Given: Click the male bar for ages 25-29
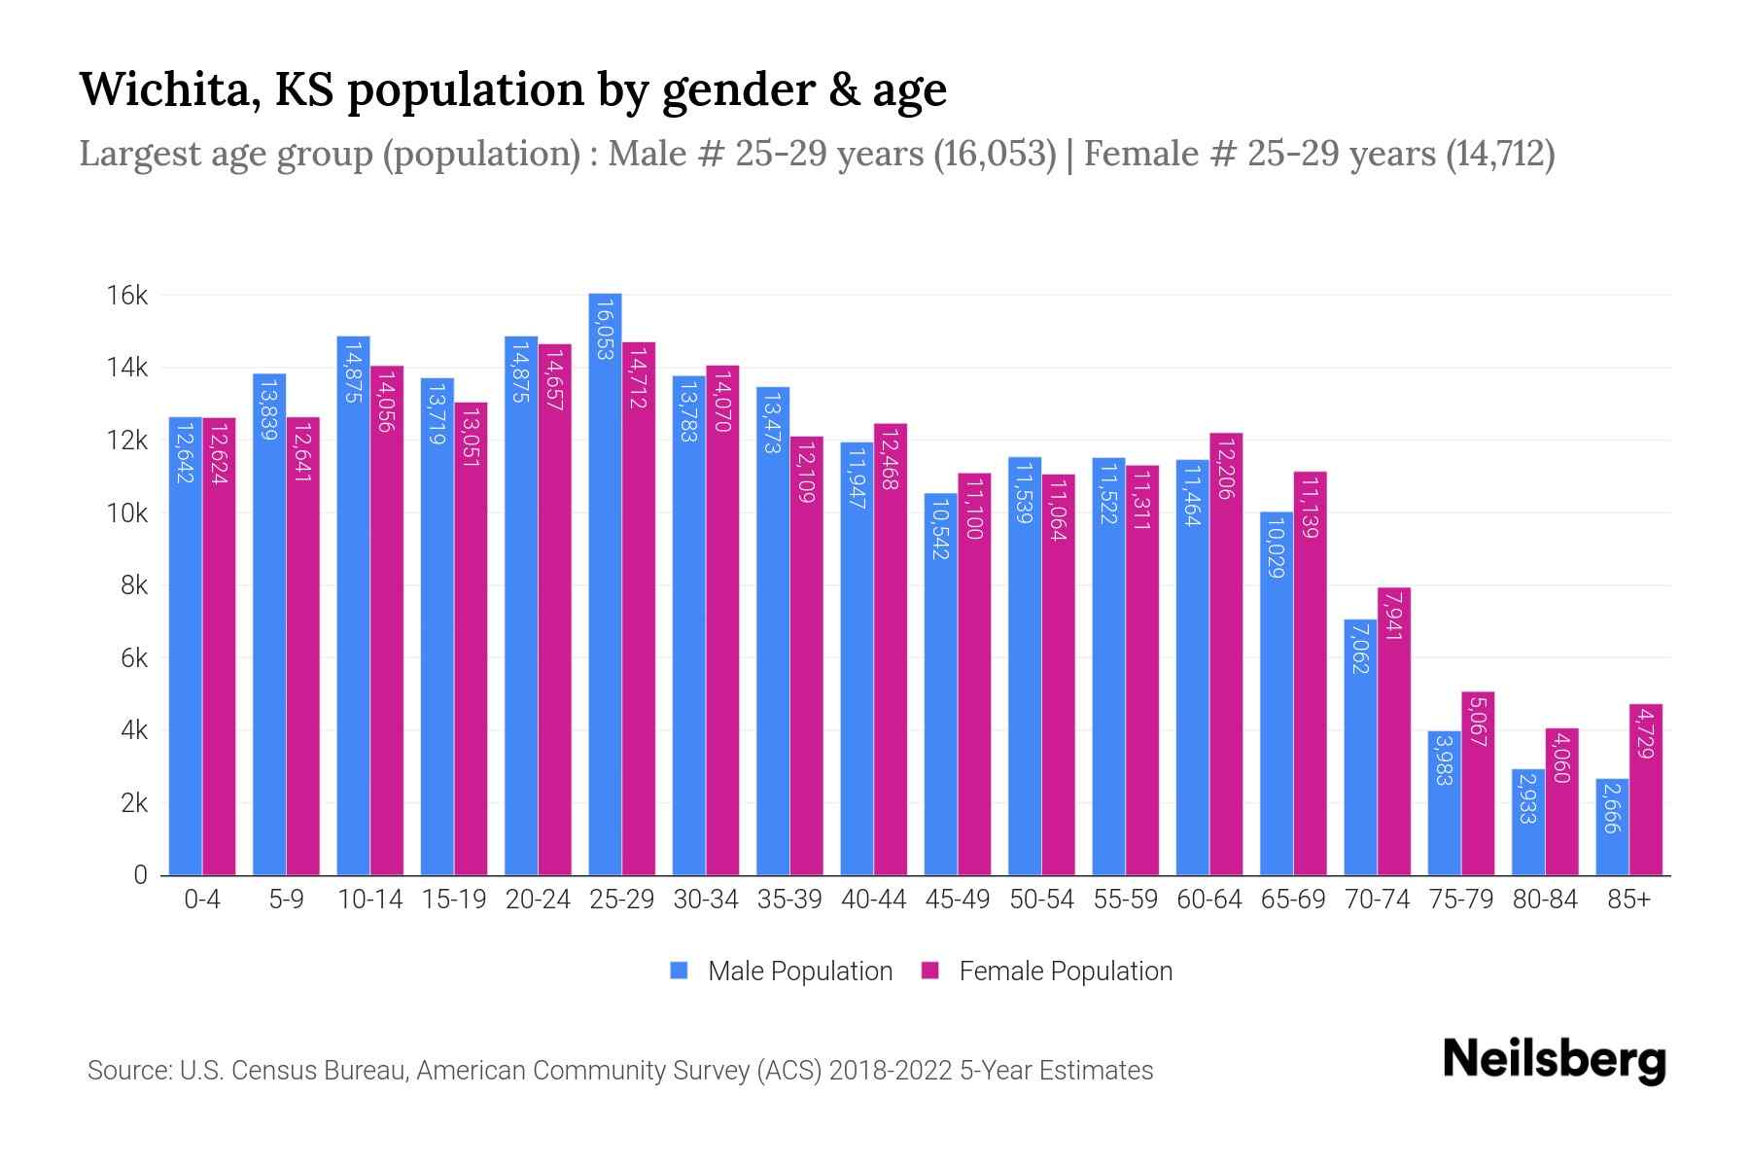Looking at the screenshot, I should [605, 583].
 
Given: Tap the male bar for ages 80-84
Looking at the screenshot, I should [1527, 823].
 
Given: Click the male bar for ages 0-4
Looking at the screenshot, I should [185, 647].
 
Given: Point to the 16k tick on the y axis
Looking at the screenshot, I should [126, 296].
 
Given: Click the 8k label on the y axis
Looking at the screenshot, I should [126, 585].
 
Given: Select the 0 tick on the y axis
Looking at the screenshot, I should [140, 875].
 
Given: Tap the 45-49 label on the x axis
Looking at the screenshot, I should [958, 900].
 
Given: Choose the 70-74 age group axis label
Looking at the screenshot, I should [1377, 900].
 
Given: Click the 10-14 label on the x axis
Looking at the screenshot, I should [369, 900].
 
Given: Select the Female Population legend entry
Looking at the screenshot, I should [1047, 972].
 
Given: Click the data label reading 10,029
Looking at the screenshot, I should [1276, 548].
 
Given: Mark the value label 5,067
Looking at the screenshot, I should [1477, 722].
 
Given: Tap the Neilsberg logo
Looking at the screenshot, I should [1554, 1060].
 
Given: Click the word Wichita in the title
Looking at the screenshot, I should [167, 89].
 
